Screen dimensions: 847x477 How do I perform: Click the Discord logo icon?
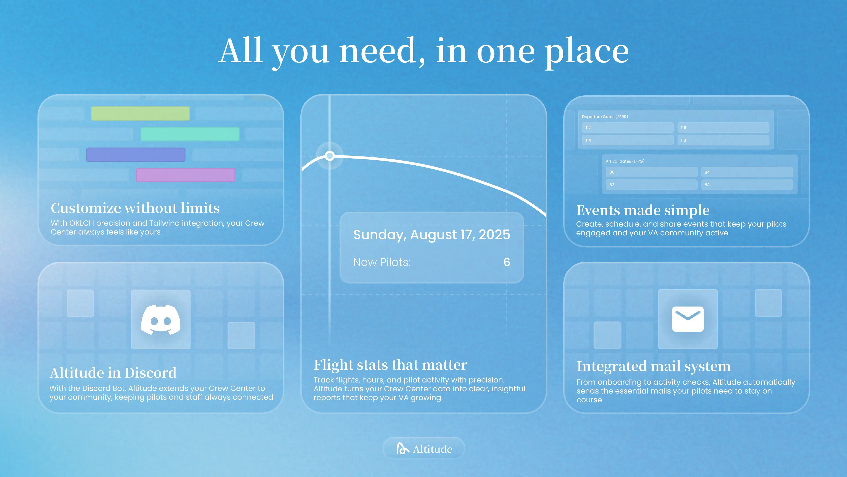161,320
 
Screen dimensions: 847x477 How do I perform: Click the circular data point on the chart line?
330,156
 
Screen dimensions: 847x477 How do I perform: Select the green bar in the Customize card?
141,113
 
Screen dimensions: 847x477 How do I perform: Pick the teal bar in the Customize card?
190,134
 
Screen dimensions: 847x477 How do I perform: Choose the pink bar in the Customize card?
186,175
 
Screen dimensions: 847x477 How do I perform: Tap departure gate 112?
628,127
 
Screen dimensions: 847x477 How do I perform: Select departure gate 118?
723,140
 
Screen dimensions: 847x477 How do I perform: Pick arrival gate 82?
651,185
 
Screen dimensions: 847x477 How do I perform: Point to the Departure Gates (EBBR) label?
605,117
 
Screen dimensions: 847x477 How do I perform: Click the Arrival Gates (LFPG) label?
625,161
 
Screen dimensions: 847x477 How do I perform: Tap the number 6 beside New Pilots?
507,262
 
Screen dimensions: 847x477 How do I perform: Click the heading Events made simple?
643,210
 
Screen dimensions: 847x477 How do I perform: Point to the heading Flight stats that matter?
390,365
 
